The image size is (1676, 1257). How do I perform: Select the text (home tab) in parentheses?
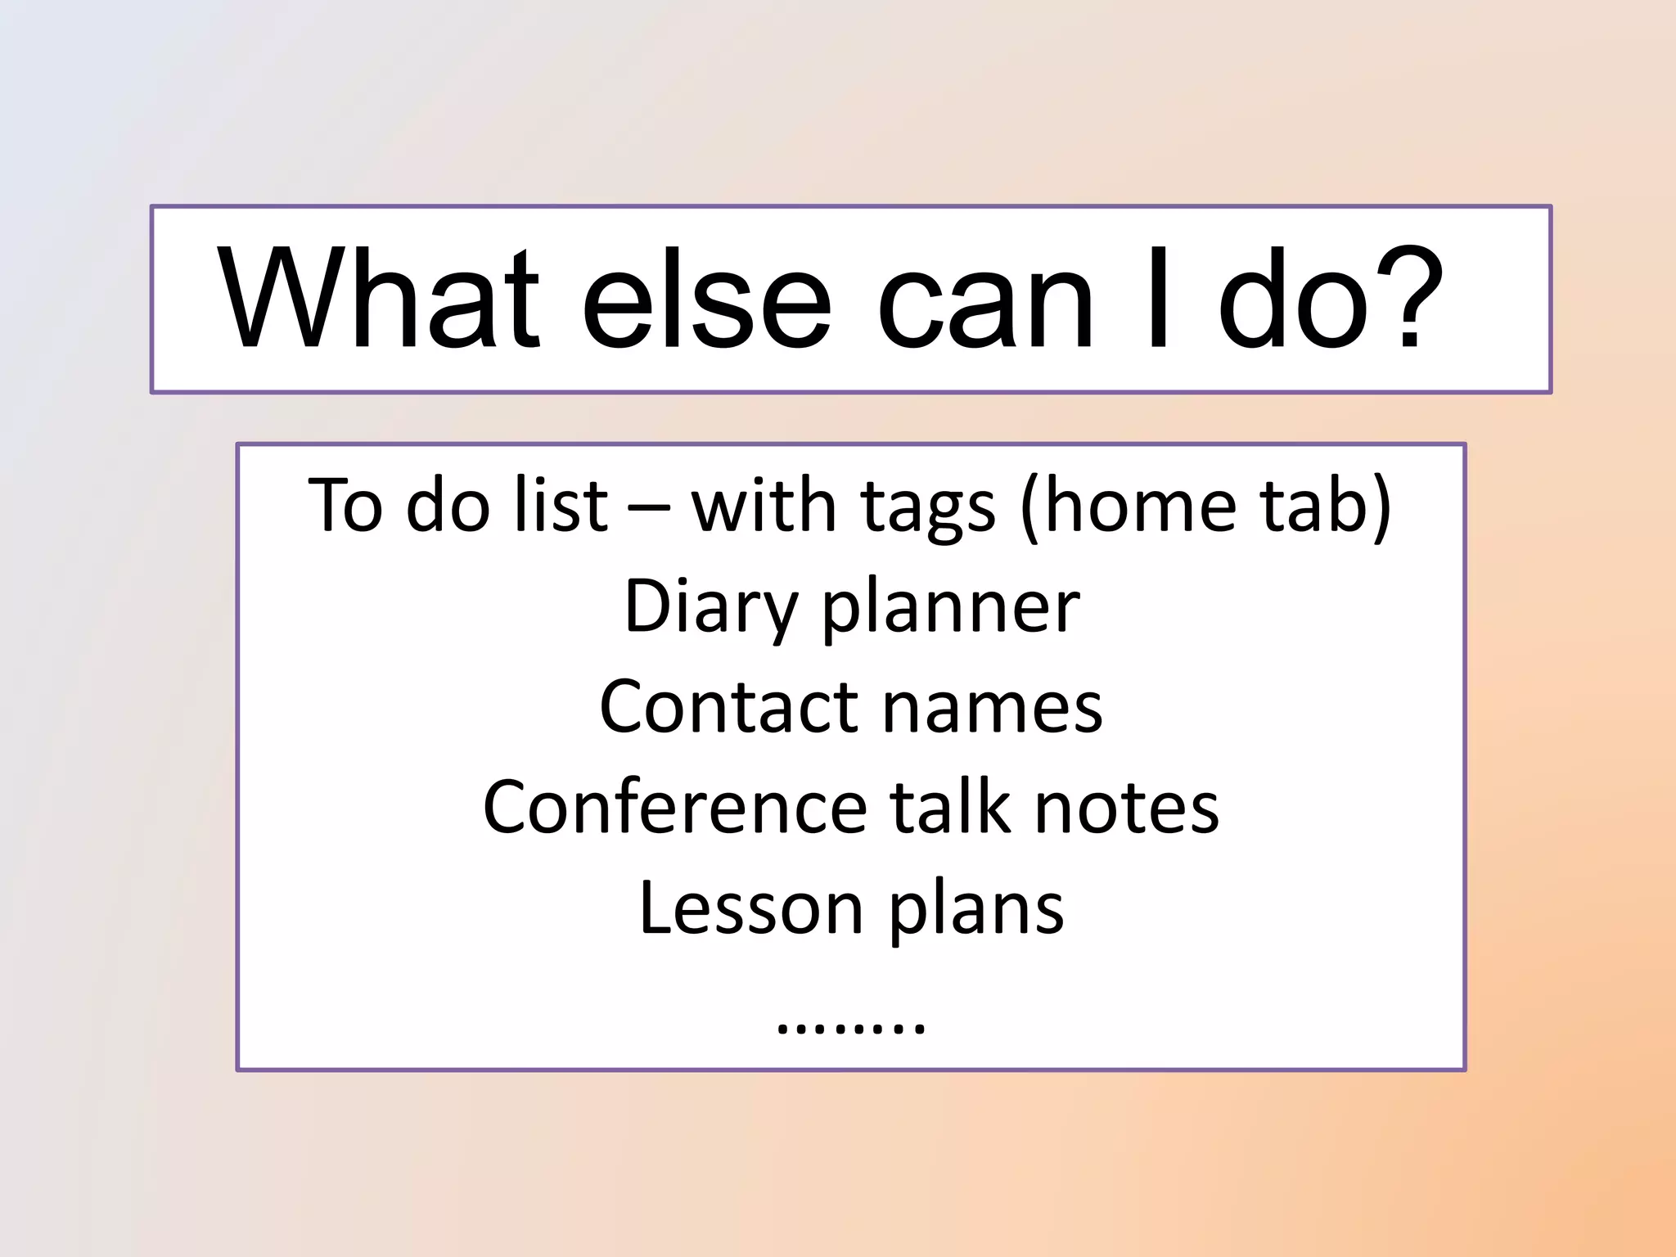click(1205, 506)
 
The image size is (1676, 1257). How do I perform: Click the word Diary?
click(710, 607)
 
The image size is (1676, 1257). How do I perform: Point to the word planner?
click(950, 610)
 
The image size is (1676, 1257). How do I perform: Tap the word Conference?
click(674, 808)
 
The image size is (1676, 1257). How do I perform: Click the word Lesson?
click(750, 908)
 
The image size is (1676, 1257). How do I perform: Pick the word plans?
click(975, 911)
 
